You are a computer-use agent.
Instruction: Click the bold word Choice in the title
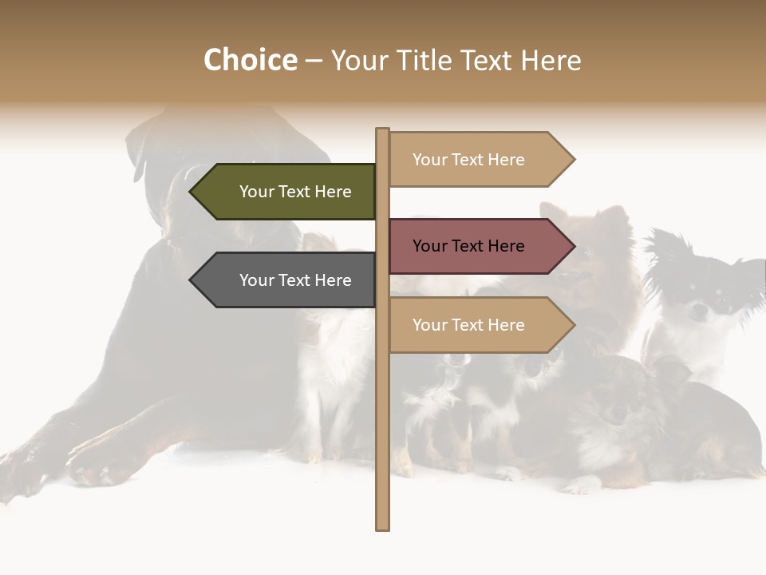[250, 61]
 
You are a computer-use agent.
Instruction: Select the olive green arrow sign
[287, 192]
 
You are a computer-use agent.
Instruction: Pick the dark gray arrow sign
[287, 280]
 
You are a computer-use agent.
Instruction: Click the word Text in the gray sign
[295, 280]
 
